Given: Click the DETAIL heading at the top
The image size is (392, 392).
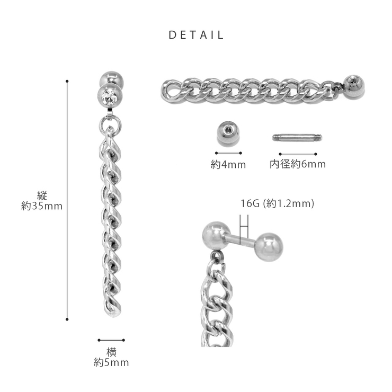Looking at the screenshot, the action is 196,35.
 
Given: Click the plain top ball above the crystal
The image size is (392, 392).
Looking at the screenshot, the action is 111,79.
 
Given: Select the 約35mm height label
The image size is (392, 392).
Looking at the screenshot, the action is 42,206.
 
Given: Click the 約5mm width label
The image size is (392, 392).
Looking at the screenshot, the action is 111,362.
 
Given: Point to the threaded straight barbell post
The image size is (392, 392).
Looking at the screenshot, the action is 297,138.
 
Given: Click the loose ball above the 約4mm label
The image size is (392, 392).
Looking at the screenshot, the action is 228,133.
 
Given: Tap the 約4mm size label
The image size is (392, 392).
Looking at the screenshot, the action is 228,165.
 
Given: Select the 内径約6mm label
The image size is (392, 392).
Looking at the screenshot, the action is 298,164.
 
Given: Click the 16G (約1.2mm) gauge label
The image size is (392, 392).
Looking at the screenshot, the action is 277,203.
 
